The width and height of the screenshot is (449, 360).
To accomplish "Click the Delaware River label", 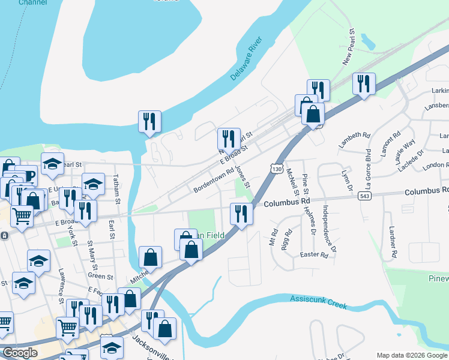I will [x=247, y=60].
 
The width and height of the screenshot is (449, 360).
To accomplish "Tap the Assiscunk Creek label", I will [x=319, y=301].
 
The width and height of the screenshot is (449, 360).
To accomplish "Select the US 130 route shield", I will [x=277, y=169].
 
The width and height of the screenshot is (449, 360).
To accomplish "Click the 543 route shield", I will [x=364, y=196].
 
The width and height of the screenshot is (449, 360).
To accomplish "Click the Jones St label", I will [x=243, y=176].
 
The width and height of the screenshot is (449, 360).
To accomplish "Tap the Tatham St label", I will [x=118, y=193].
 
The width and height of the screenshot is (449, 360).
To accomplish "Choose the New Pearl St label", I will [x=349, y=47].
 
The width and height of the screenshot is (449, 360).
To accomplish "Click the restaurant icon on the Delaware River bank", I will [x=148, y=121].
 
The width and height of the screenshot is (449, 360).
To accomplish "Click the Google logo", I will [x=20, y=353].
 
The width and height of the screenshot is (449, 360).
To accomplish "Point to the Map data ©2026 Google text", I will [x=412, y=356].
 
